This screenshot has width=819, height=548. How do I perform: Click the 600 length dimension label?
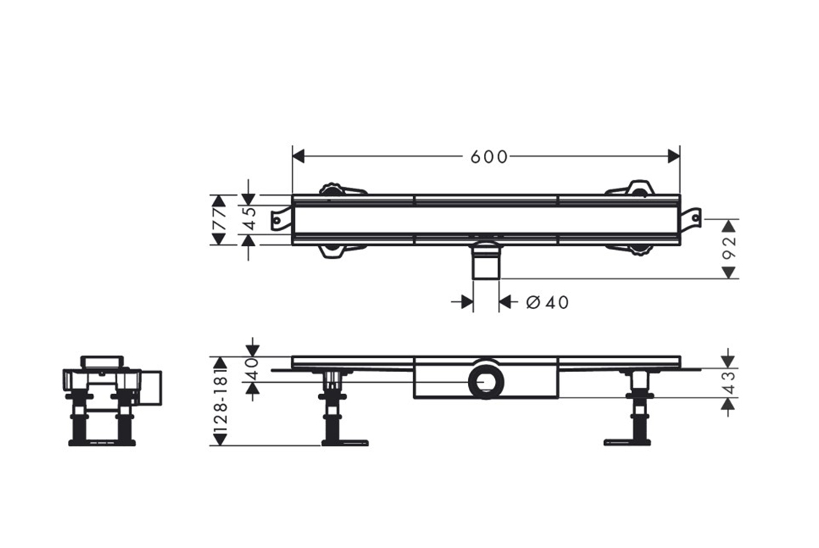point(488,156)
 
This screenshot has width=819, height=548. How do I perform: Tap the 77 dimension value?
point(219,220)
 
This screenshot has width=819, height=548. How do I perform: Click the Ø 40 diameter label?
point(547,302)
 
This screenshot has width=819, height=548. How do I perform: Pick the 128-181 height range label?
point(220,398)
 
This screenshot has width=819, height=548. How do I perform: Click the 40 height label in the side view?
point(252,370)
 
